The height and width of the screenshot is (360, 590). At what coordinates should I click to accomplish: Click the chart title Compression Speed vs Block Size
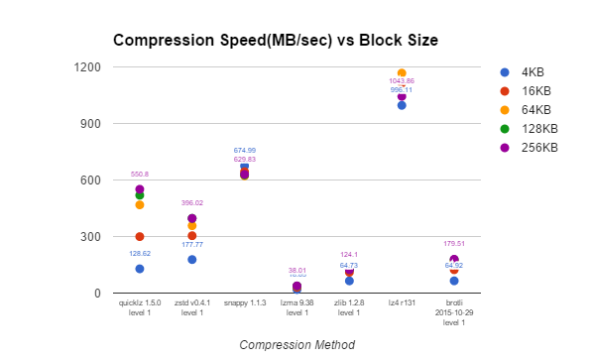[x=275, y=41]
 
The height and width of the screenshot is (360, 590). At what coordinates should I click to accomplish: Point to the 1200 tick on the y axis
[x=88, y=67]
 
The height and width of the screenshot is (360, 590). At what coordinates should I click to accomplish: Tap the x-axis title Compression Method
[x=296, y=344]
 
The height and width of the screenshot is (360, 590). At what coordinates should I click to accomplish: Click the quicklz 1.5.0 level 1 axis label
[x=140, y=307]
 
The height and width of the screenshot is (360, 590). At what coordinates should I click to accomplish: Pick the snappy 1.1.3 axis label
[x=244, y=302]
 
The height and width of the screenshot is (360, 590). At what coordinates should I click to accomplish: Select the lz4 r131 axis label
[x=402, y=302]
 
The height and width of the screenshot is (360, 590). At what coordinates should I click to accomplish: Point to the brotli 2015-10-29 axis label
[x=454, y=312]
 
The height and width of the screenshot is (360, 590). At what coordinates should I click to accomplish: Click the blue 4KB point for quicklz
[x=140, y=269]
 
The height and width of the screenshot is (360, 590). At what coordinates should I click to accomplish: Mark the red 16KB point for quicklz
[x=140, y=236]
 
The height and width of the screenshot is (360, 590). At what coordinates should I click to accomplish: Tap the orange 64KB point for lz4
[x=402, y=73]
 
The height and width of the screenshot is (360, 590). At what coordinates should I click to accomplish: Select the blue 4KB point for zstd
[x=192, y=260]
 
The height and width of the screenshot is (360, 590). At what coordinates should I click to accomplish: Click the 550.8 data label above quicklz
[x=140, y=175]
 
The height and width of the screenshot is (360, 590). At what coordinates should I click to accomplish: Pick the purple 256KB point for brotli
[x=454, y=260]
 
